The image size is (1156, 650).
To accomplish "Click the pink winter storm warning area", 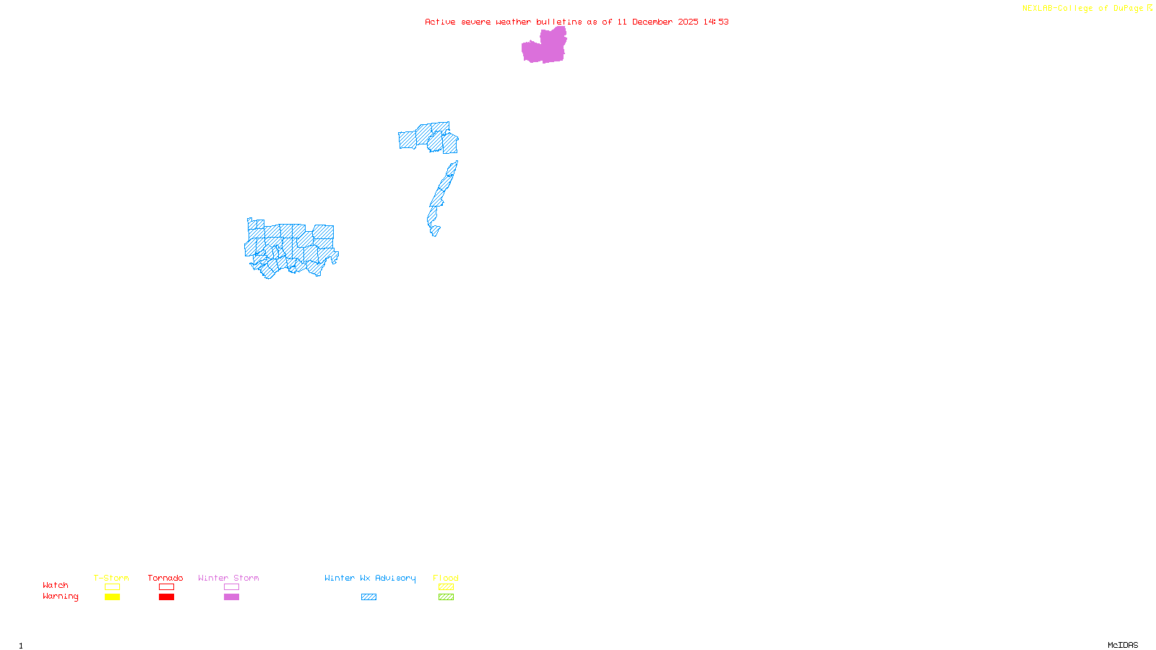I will [544, 48].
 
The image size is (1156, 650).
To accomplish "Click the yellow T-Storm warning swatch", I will [112, 597].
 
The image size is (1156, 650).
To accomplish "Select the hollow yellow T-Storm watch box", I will [112, 587].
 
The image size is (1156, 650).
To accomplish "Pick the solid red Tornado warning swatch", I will [166, 597].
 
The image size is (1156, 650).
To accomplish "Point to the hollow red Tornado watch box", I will [166, 587].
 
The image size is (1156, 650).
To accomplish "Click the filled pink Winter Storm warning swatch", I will [231, 597].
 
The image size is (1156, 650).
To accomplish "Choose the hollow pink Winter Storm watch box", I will [231, 587].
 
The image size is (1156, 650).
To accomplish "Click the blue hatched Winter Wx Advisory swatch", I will [368, 597].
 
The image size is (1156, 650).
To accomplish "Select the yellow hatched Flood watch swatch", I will [446, 587].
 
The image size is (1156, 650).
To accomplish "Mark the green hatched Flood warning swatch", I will [446, 597].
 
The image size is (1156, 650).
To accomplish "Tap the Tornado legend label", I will [165, 578].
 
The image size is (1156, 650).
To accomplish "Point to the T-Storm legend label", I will [111, 578].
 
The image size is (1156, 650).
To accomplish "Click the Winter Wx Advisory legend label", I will [370, 578].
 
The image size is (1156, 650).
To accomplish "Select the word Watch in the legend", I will [56, 586].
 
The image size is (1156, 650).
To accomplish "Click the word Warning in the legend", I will [61, 597].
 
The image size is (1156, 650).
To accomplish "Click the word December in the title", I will [652, 22].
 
